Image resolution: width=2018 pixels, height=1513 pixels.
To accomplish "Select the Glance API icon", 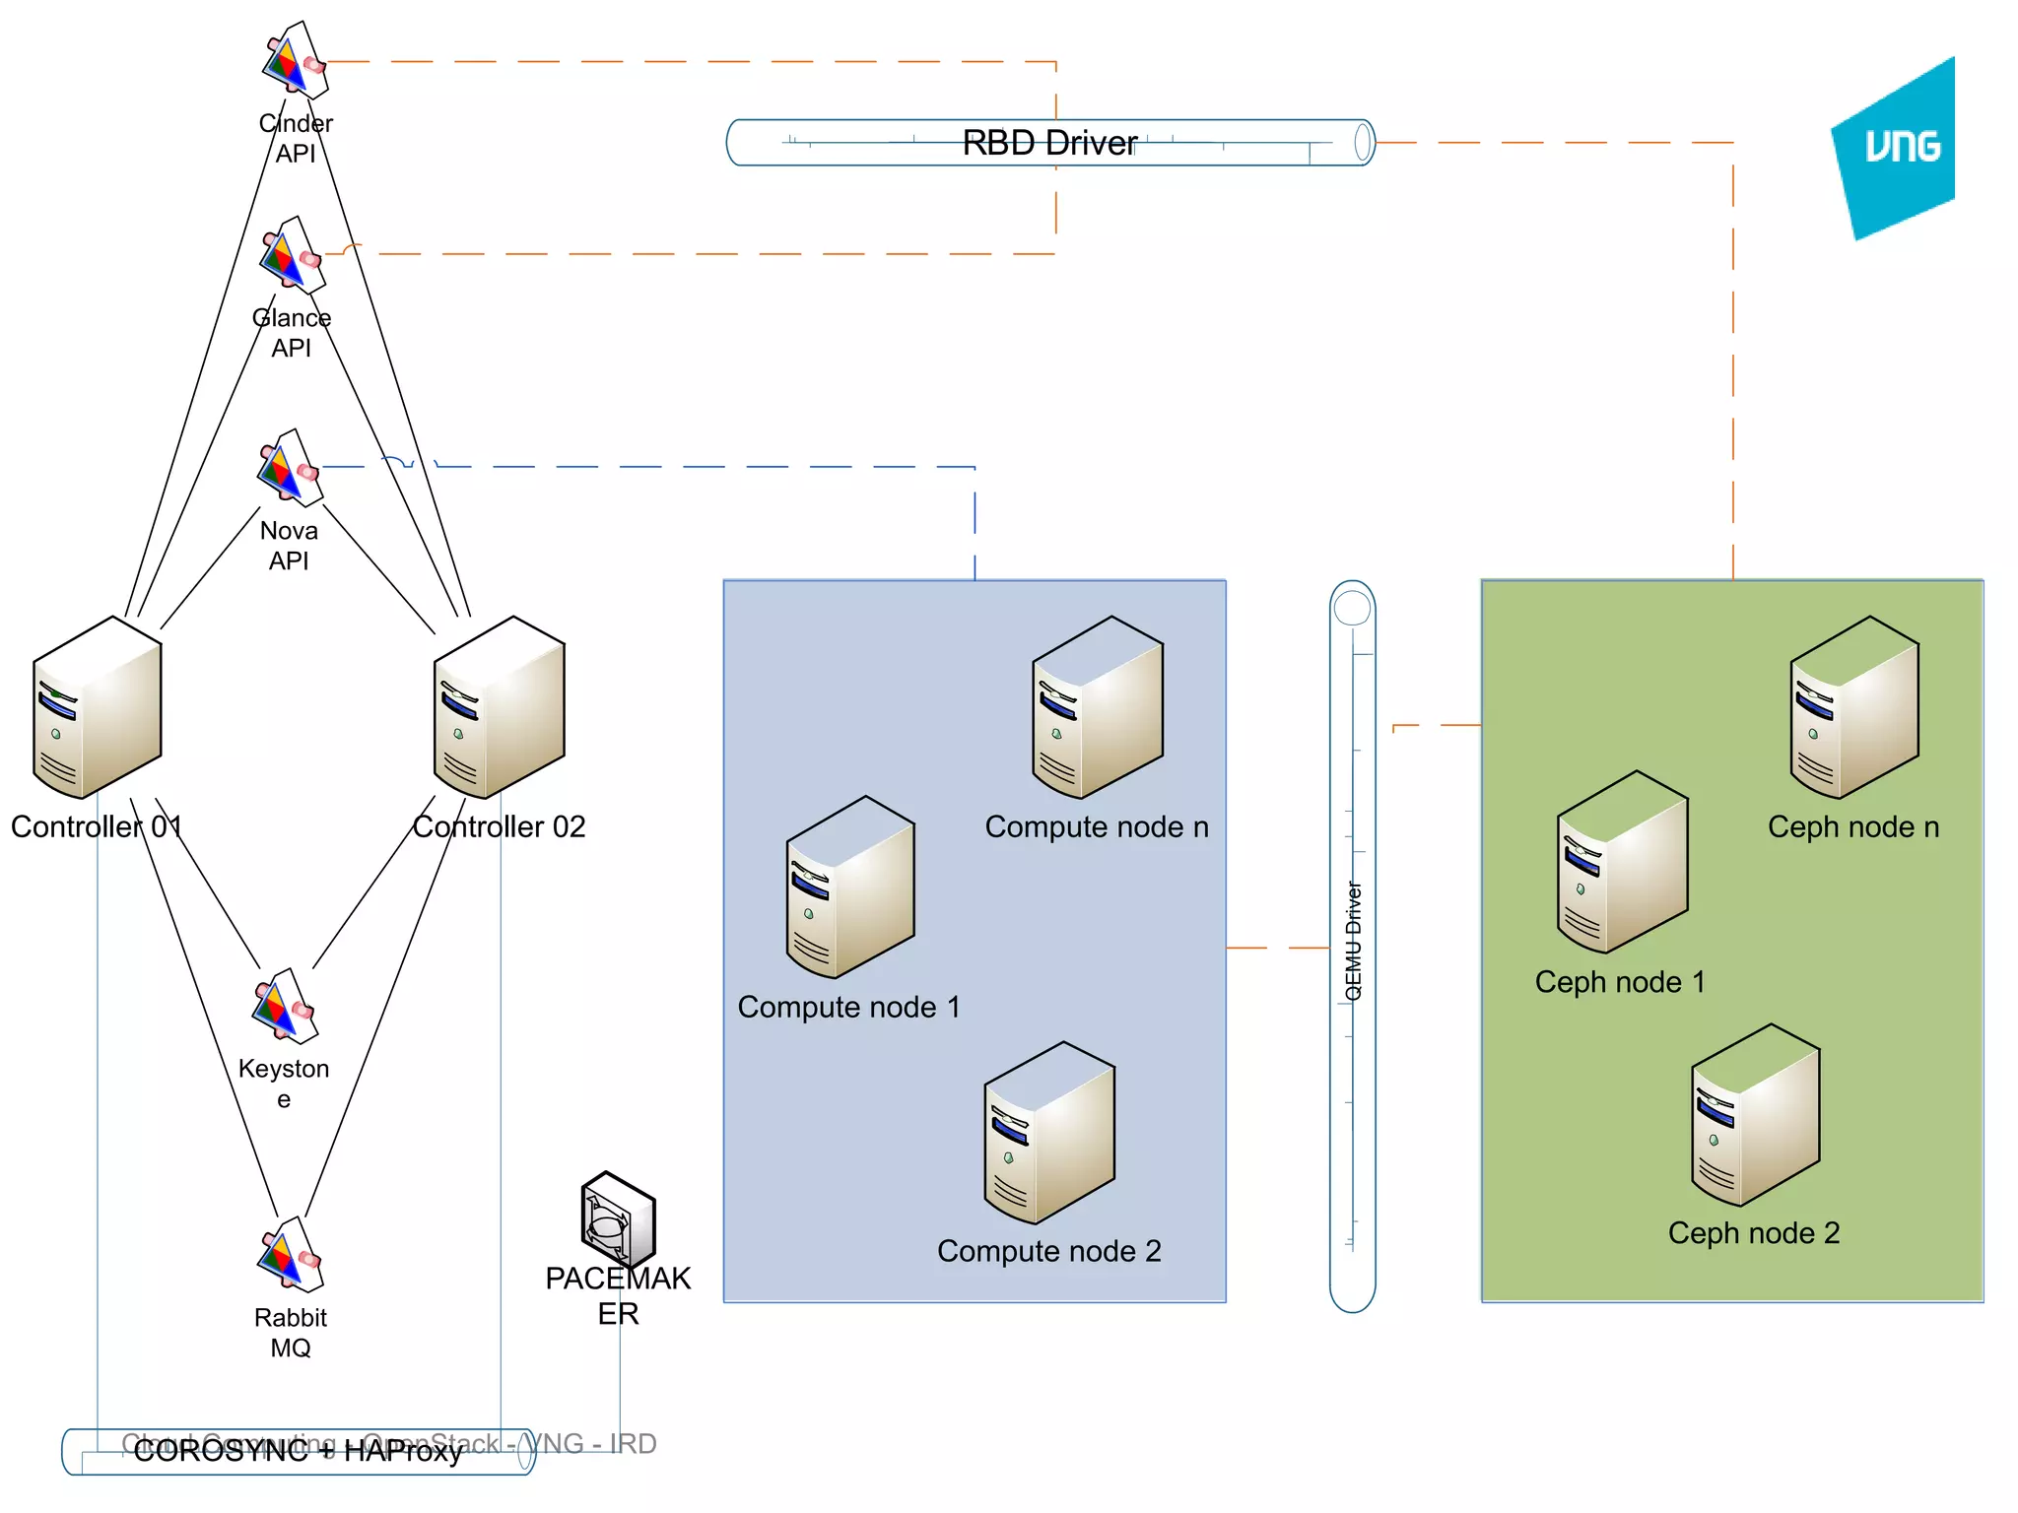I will coord(292,256).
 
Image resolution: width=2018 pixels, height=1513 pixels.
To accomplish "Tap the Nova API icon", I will coord(289,469).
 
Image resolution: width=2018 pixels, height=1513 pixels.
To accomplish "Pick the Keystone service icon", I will coord(284,1007).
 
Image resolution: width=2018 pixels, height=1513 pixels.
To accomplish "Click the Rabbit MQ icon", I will coord(290,1256).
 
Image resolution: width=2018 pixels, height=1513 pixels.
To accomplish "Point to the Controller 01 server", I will coord(97,707).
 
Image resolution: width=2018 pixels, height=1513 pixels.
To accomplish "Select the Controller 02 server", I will coord(499,707).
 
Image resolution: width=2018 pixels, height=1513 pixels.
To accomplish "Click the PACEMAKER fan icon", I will coord(618,1218).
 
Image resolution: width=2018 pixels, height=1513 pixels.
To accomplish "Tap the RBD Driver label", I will coord(1049,143).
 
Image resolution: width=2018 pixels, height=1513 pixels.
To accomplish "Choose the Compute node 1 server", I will coord(849,888).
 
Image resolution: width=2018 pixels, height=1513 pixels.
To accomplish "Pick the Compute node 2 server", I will coord(1048,1133).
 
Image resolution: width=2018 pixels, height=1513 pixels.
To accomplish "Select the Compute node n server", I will coord(1097,707).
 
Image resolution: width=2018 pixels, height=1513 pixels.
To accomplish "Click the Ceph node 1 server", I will coord(1622,862).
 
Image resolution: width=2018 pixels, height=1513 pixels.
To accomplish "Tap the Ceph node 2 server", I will coord(1755,1115).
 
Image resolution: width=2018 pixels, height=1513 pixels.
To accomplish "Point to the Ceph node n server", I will coord(1853,707).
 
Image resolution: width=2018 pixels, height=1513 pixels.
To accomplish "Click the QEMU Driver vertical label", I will coord(1353,941).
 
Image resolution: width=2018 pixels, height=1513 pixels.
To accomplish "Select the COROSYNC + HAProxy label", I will coord(298,1451).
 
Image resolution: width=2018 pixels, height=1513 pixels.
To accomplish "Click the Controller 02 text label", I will coord(499,826).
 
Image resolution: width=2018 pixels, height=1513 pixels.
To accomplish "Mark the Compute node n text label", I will coord(1097,826).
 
